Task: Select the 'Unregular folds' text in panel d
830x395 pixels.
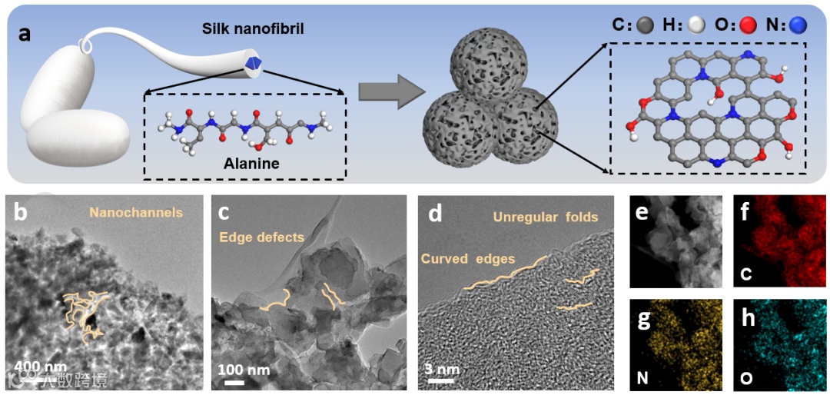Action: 546,217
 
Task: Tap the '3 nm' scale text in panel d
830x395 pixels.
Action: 442,370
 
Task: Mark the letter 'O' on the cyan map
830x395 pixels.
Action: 746,377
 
